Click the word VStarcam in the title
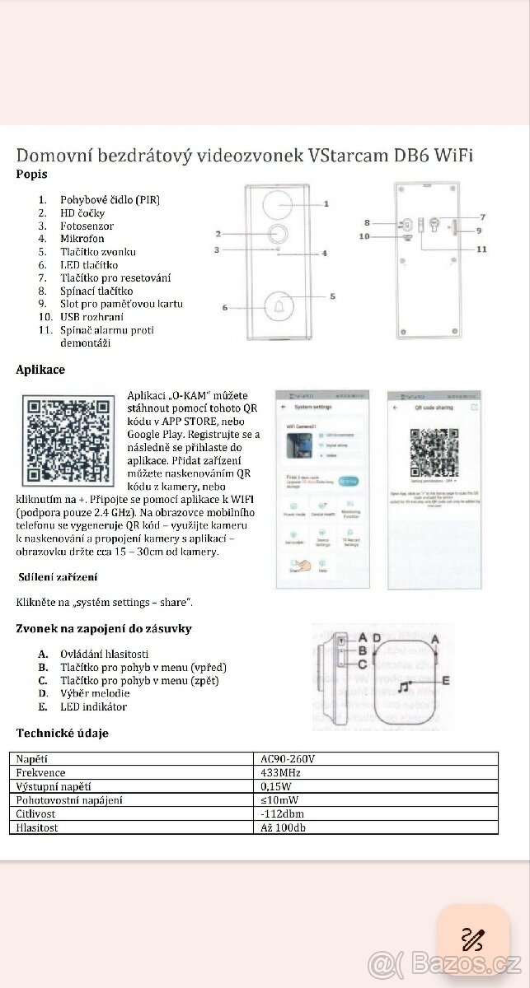click(x=346, y=156)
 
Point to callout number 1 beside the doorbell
click(x=326, y=203)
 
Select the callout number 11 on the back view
click(x=481, y=248)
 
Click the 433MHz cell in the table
click(x=279, y=773)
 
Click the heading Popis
click(x=32, y=175)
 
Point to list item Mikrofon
click(x=82, y=239)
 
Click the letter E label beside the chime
click(x=445, y=681)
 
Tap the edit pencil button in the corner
click(x=473, y=939)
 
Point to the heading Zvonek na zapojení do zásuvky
click(x=105, y=629)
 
